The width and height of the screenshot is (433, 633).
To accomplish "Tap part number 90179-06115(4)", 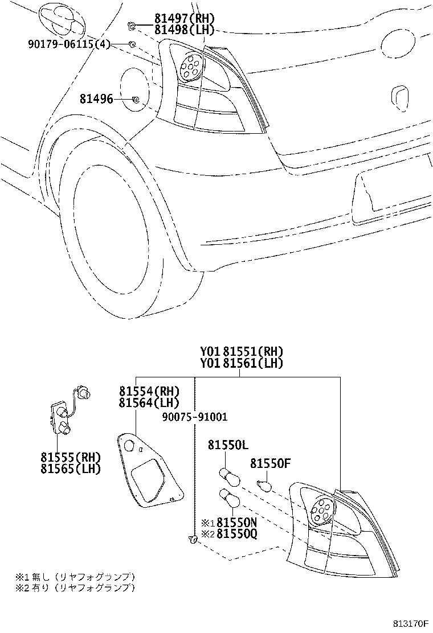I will (x=68, y=44).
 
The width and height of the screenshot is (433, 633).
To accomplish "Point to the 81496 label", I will (x=96, y=100).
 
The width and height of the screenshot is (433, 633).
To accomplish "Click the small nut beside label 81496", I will (x=135, y=100).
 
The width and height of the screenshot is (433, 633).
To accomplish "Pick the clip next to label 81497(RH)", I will (x=130, y=24).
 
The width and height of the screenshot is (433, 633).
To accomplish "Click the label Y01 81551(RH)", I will (x=241, y=352).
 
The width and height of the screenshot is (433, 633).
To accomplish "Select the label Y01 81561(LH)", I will (x=241, y=363).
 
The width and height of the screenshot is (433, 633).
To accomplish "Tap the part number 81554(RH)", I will (x=149, y=391).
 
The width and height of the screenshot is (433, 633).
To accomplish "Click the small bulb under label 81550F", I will (x=263, y=485).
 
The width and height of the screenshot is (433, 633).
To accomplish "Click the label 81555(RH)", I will (x=71, y=457).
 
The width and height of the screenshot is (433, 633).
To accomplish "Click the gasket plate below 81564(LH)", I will (x=149, y=469).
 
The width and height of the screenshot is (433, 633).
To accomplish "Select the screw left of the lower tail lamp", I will (x=192, y=539).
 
